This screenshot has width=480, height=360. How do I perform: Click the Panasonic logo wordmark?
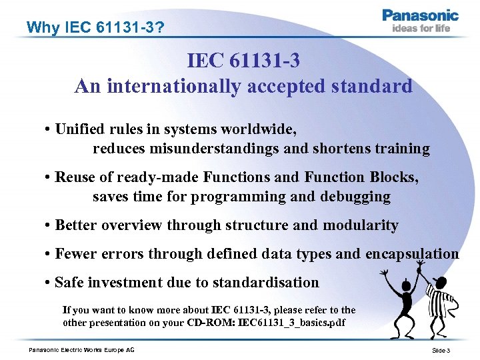420,15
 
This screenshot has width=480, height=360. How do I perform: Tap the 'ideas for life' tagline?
421,28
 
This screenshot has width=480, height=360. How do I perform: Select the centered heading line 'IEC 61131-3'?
243,61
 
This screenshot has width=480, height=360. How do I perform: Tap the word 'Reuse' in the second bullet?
75,177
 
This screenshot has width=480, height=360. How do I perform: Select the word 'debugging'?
357,197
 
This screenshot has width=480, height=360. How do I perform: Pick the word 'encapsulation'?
411,254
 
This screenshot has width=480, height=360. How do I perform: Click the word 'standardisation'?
267,282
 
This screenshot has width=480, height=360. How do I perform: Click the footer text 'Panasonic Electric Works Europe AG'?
81,350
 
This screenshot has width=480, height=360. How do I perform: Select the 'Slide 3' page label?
441,351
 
